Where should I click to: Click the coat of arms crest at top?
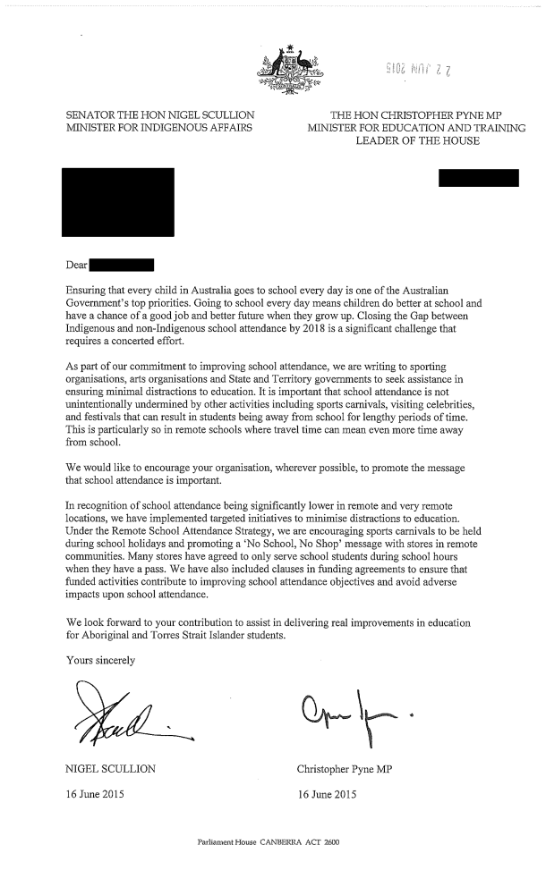point(290,70)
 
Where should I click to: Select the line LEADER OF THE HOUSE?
point(417,141)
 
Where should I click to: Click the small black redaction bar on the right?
point(479,177)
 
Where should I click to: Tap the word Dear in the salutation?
point(77,265)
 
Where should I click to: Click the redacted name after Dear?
point(123,265)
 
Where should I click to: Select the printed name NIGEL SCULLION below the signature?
point(112,769)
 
